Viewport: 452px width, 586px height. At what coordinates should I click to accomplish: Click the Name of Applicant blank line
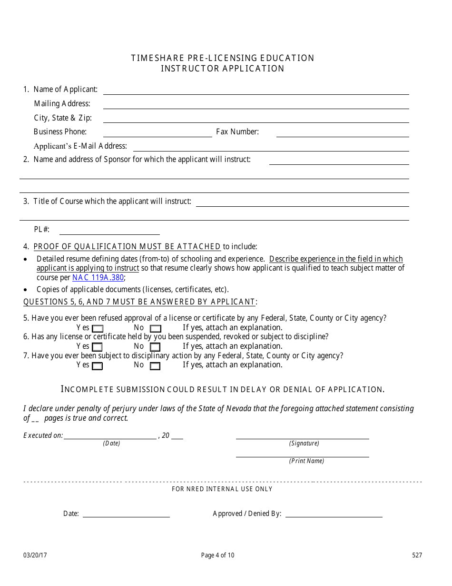(x=256, y=93)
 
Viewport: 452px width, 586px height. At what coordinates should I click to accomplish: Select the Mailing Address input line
(x=256, y=108)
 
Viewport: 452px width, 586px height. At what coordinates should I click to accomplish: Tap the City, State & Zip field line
(x=256, y=122)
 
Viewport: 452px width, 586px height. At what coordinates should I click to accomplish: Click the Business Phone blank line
(x=157, y=136)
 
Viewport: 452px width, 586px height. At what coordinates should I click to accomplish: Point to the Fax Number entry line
(x=343, y=136)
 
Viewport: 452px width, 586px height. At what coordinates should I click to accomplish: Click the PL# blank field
(x=109, y=233)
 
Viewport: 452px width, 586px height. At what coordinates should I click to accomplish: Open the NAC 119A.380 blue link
(x=98, y=277)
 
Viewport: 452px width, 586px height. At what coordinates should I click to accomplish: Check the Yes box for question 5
(x=97, y=329)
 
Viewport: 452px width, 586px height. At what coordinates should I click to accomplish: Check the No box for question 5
(x=155, y=329)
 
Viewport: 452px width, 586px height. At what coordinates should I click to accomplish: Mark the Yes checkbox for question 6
(x=97, y=347)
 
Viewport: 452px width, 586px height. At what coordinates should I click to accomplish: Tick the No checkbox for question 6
(x=155, y=347)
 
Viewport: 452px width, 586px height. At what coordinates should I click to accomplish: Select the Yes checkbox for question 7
(x=97, y=366)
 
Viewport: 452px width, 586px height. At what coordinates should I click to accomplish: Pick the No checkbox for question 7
(x=155, y=366)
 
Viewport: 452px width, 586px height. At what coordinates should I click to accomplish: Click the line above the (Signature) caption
(x=302, y=438)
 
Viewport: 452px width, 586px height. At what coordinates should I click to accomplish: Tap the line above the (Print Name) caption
(x=302, y=456)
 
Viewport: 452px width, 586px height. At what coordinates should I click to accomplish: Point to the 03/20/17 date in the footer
(x=31, y=555)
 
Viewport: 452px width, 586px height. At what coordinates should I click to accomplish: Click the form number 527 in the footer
(x=417, y=555)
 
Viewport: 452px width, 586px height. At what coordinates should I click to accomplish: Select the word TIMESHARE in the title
(x=154, y=58)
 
